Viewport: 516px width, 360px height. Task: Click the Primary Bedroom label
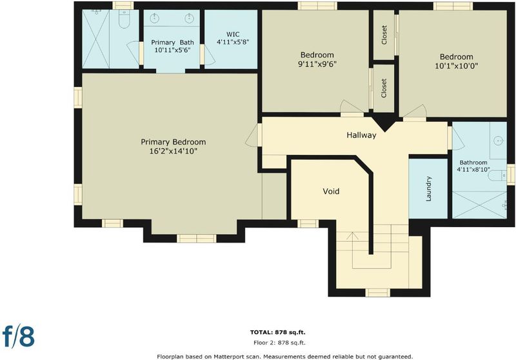174,142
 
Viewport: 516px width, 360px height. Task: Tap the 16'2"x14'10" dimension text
174,151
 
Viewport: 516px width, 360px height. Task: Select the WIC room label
233,34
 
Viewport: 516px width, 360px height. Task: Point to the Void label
331,191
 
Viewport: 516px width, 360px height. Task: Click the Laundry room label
428,188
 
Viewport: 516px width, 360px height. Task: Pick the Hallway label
361,135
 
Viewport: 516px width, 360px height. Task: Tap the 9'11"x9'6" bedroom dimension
317,64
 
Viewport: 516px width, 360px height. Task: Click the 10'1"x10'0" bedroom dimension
457,66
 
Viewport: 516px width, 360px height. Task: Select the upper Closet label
384,35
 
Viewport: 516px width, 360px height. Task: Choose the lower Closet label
384,88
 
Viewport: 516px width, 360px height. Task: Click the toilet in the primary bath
124,19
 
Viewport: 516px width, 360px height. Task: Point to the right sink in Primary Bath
189,18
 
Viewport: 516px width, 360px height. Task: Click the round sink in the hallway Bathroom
499,141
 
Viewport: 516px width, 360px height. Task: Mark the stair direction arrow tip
352,233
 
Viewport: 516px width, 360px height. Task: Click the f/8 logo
19,335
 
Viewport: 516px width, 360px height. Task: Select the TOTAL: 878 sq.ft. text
278,332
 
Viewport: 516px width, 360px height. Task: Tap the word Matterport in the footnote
229,356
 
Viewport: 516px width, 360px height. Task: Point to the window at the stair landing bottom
377,292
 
